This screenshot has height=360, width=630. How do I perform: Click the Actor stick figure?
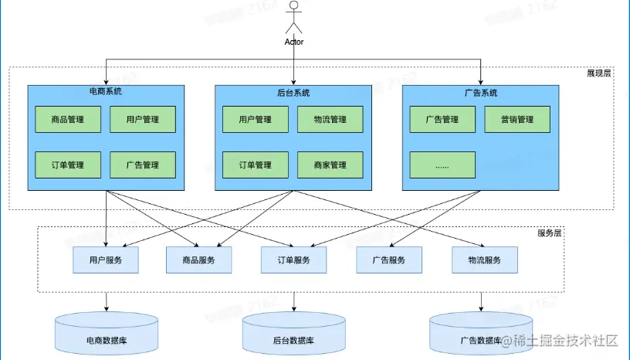point(293,18)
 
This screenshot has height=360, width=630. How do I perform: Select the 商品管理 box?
point(68,120)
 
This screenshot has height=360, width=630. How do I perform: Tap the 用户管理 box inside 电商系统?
point(142,120)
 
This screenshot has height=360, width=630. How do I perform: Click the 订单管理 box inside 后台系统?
point(255,165)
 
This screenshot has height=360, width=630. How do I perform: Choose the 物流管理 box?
point(330,120)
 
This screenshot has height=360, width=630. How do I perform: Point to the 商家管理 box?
point(330,165)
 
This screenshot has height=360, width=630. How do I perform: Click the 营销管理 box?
point(517,120)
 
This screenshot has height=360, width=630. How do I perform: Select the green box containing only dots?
point(442,165)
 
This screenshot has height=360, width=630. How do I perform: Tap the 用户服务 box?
point(106,260)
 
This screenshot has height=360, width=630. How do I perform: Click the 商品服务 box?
point(199,260)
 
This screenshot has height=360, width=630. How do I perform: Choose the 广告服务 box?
point(389,260)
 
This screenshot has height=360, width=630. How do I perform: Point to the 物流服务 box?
point(484,260)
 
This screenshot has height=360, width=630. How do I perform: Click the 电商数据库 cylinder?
point(106,335)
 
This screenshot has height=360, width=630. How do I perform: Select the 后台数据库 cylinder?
point(293,335)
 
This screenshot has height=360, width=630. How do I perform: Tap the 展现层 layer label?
point(599,74)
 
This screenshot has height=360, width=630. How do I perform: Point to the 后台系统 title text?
point(293,93)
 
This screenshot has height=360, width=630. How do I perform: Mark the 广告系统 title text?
point(481,93)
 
